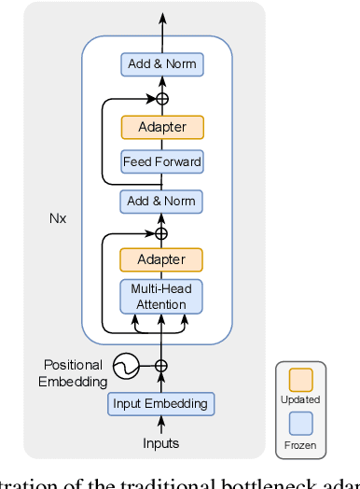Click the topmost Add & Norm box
tap(161, 65)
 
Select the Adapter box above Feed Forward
tap(161, 127)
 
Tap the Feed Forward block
tap(161, 162)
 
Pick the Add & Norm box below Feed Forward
tap(161, 201)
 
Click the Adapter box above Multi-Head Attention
tap(161, 259)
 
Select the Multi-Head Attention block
tap(161, 297)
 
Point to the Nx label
tap(58, 220)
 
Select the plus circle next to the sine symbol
tap(161, 367)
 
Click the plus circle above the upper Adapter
tap(161, 98)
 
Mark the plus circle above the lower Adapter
tap(161, 232)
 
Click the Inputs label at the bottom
tap(160, 443)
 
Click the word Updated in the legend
tap(299, 399)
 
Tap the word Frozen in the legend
tap(299, 446)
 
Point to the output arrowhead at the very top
tap(161, 19)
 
